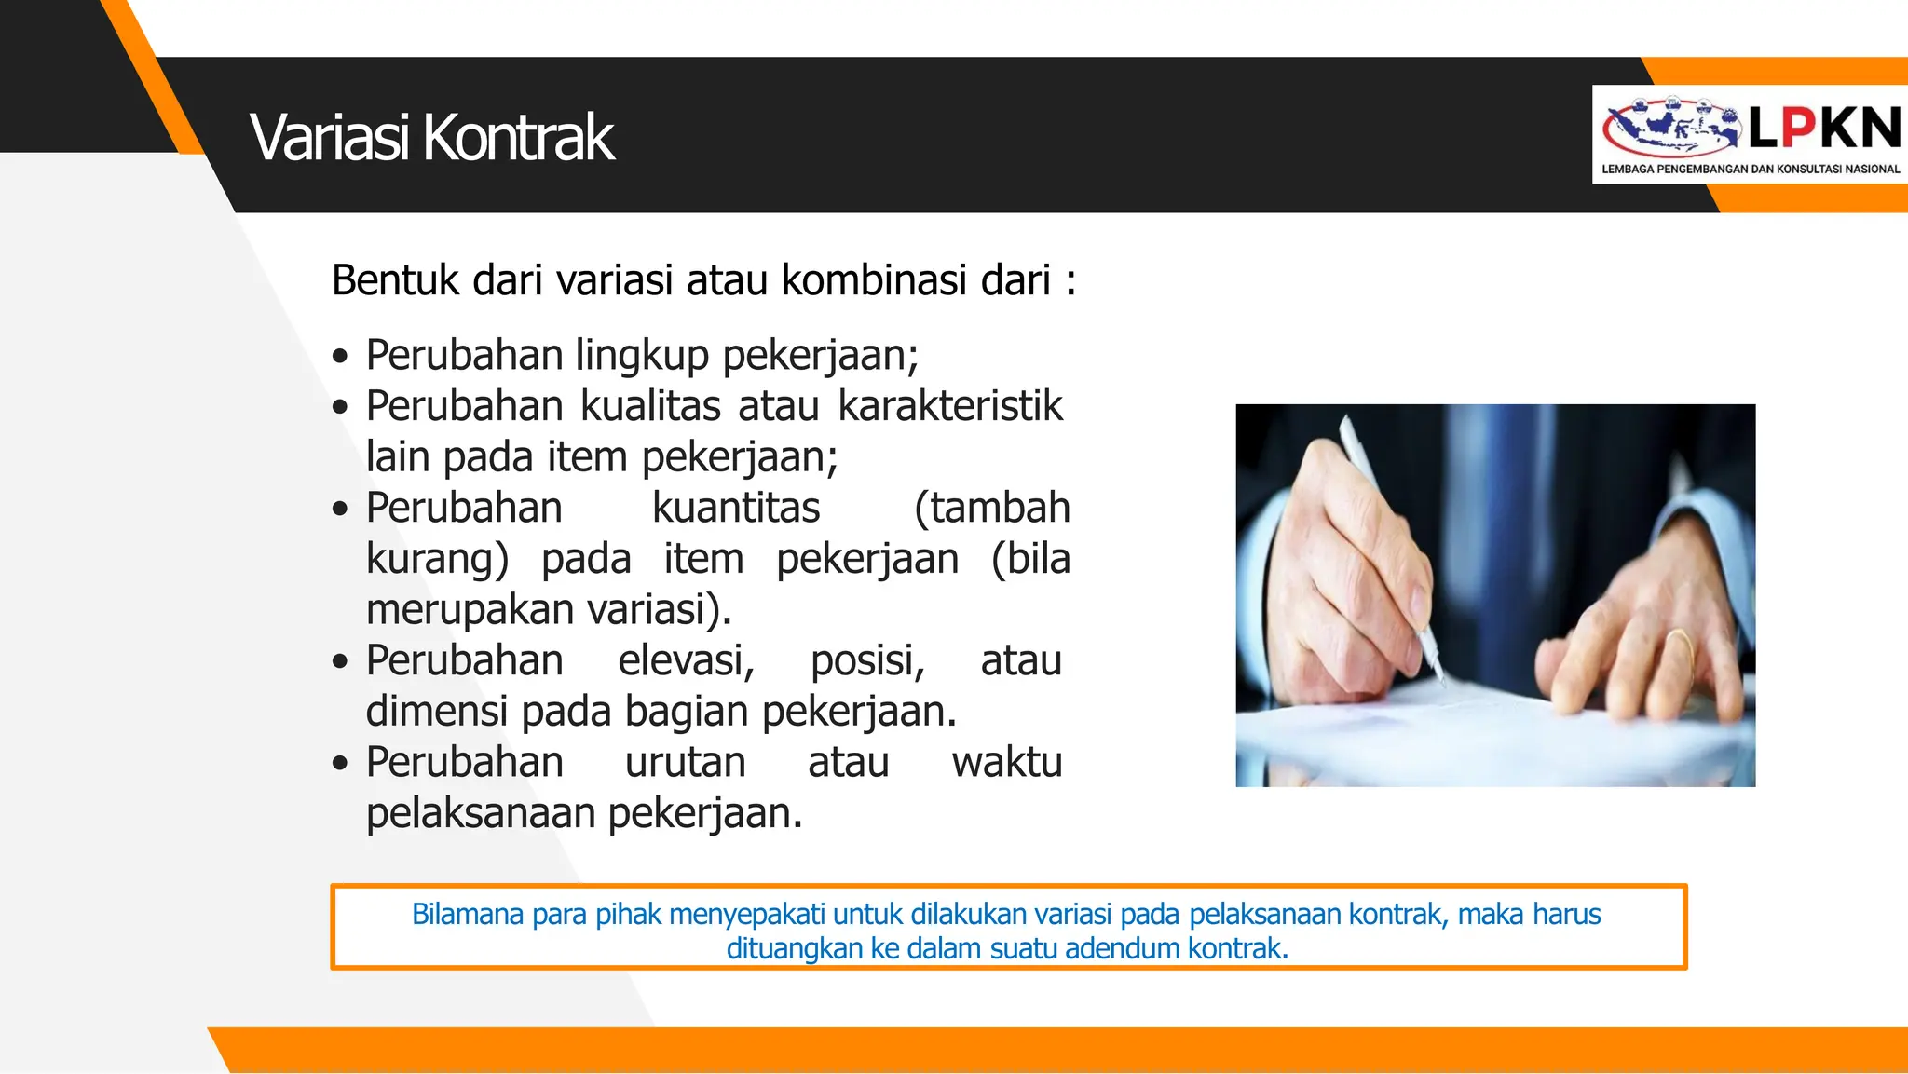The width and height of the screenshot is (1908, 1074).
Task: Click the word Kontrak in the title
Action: [518, 138]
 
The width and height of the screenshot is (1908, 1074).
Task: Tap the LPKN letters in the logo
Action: [1824, 128]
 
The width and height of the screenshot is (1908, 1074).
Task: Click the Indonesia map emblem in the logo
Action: [1671, 128]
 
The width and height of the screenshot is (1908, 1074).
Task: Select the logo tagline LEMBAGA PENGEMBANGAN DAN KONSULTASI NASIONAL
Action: [1750, 170]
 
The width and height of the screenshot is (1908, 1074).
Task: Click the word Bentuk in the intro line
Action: [395, 280]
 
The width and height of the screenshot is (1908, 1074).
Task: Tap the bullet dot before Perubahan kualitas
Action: [340, 407]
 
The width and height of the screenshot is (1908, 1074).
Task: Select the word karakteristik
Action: [949, 406]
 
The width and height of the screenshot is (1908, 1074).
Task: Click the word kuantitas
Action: [735, 508]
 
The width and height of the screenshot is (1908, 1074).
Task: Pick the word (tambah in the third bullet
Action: [991, 508]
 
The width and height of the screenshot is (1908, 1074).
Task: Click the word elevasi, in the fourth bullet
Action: [686, 660]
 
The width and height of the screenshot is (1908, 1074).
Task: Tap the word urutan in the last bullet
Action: [685, 762]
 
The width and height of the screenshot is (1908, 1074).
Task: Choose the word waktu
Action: [1006, 762]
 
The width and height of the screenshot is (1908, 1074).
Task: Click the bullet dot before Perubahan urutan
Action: [340, 764]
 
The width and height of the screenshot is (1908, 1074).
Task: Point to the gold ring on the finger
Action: [1679, 643]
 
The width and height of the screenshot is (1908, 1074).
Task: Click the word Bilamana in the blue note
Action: [468, 914]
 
